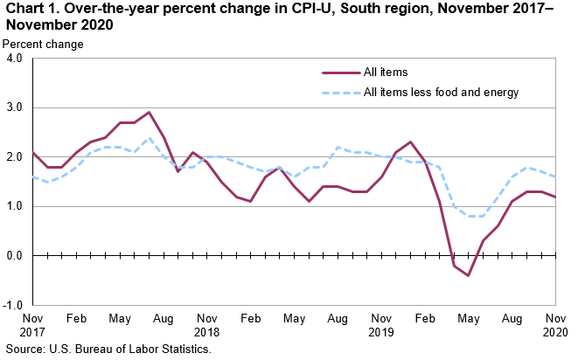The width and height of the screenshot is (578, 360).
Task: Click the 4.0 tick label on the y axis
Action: (15, 59)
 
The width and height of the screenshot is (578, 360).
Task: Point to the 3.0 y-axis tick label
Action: (15, 108)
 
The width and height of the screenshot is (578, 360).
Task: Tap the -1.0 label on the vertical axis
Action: (13, 305)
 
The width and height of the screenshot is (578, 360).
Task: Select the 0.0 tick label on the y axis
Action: (15, 256)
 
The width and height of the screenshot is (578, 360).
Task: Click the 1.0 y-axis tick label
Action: (15, 207)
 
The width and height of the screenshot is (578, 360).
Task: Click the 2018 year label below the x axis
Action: (206, 333)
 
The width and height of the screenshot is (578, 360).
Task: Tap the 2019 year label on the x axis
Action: (381, 333)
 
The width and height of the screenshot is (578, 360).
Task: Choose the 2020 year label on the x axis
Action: (556, 333)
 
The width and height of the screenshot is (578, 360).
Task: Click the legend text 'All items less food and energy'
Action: (442, 93)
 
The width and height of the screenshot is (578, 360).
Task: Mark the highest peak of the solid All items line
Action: (149, 113)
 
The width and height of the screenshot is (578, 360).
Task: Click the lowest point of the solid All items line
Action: (469, 275)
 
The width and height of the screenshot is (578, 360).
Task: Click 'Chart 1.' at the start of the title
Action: (26, 10)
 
